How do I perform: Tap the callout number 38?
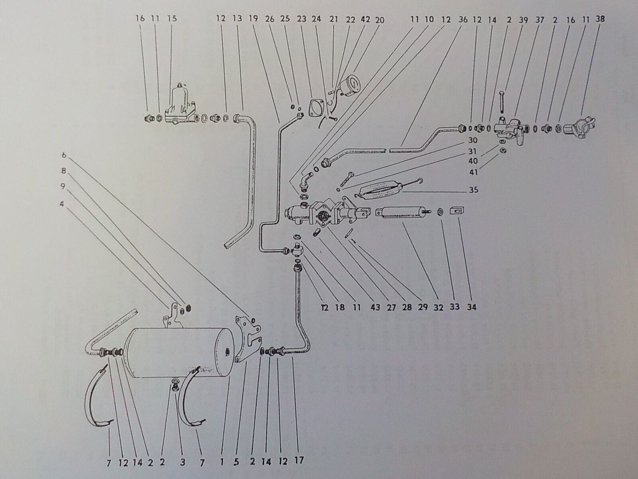[600, 18]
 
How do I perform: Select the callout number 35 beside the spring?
[473, 190]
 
